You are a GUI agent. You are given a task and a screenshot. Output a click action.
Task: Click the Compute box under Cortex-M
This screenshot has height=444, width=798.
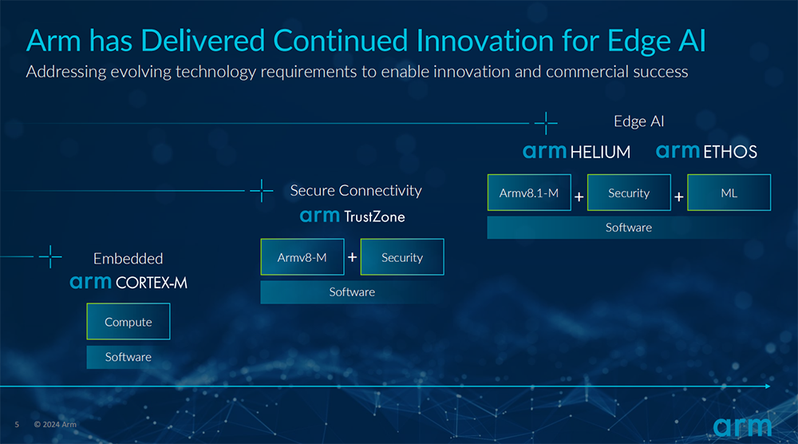point(128,321)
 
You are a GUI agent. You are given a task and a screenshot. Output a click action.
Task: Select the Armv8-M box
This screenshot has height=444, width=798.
point(302,257)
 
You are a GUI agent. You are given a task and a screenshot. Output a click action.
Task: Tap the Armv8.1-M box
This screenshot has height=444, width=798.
point(529,192)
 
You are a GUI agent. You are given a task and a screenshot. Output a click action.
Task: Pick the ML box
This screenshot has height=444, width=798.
point(729,192)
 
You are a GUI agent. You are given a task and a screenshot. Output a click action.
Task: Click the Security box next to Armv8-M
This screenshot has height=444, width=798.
point(402,257)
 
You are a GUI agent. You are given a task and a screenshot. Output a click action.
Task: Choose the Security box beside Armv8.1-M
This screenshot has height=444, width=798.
point(629,192)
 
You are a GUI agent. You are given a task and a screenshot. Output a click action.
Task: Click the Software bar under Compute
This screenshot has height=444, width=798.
point(128,357)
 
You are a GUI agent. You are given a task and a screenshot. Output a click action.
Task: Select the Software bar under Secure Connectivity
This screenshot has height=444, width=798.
point(352,292)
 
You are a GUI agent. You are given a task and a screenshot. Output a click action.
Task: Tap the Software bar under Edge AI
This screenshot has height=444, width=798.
point(629,228)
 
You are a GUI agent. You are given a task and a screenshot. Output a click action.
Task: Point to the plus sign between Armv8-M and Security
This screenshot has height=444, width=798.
point(352,257)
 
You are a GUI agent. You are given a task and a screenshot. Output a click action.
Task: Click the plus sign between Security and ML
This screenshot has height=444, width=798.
point(679,196)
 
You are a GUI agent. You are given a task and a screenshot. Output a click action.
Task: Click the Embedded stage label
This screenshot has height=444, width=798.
point(128,259)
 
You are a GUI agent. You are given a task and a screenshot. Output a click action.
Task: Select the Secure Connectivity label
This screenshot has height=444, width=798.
point(356,190)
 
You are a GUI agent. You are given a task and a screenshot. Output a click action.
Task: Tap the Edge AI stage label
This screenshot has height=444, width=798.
point(638,121)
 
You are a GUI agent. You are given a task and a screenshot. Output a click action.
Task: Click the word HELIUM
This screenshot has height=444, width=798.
point(600,153)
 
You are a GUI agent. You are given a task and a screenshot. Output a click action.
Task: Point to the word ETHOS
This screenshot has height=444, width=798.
point(730,152)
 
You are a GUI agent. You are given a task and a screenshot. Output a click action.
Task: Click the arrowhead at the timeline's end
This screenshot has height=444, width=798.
point(768,387)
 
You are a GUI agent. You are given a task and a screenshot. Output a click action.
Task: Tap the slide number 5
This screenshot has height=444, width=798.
point(17,424)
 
